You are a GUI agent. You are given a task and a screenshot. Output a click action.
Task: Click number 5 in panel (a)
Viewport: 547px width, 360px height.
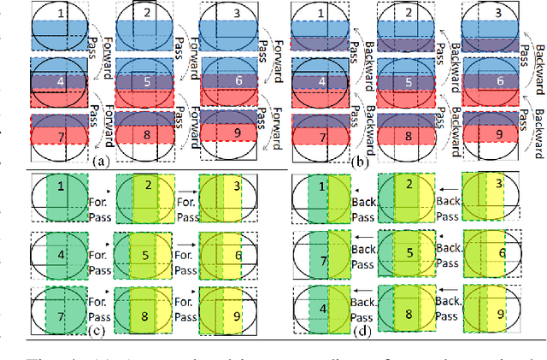coord(146,82)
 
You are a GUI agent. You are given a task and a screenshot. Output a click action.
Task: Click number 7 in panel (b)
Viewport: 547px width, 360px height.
coord(320,134)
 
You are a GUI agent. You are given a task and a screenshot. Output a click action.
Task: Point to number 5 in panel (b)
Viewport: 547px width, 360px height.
coord(408,82)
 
